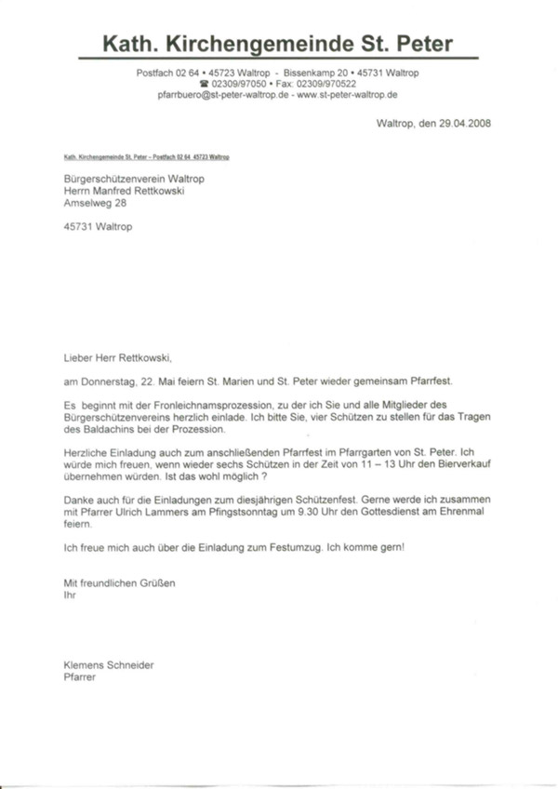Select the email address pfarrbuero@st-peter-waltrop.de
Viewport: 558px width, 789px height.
(223, 95)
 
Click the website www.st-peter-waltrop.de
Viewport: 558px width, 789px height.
(348, 95)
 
